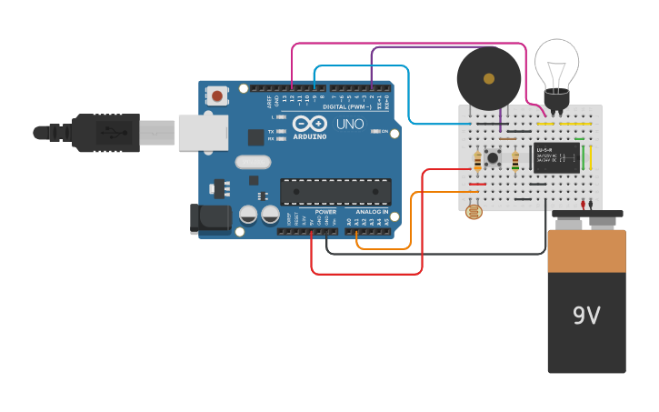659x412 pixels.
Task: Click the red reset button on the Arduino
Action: click(x=217, y=95)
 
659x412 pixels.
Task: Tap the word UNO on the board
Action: click(x=350, y=124)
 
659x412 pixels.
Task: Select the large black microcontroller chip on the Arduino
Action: click(x=335, y=191)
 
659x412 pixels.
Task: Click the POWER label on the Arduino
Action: click(x=325, y=212)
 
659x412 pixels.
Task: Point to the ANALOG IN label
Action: click(x=372, y=212)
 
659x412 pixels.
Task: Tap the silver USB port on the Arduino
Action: click(x=202, y=132)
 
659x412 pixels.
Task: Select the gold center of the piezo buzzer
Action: click(x=489, y=78)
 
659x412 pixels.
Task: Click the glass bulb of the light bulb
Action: click(x=556, y=62)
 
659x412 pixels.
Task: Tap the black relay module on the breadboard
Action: click(x=556, y=156)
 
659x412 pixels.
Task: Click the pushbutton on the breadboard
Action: click(x=494, y=158)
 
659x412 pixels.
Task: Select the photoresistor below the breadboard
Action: click(x=474, y=212)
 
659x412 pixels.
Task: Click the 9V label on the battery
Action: click(x=586, y=316)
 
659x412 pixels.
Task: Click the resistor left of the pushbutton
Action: click(x=478, y=160)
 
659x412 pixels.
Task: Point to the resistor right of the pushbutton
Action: click(x=515, y=160)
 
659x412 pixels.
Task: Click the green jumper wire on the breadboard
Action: click(x=583, y=156)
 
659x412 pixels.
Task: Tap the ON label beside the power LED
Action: click(x=384, y=132)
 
